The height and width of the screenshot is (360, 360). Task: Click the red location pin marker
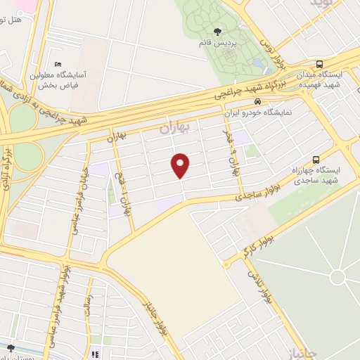[181, 165]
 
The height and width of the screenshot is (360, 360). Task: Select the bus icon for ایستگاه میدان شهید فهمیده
[319, 64]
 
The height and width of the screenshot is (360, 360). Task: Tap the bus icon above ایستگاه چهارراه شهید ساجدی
[316, 159]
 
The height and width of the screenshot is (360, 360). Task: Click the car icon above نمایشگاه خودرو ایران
[247, 101]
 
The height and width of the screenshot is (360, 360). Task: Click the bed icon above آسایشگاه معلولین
[58, 64]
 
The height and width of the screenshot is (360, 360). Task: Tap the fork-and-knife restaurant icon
[94, 354]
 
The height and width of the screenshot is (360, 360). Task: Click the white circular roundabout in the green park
[338, 277]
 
